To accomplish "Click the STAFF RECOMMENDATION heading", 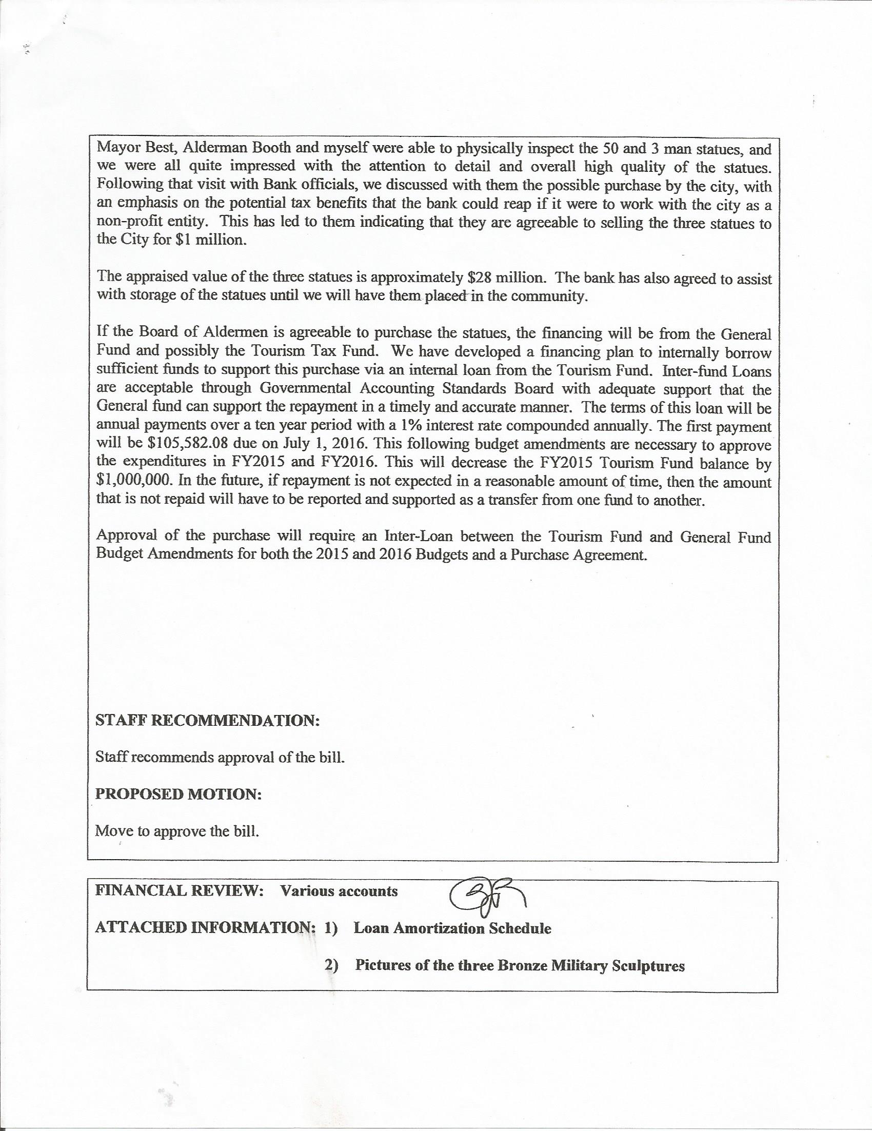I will coord(207,721).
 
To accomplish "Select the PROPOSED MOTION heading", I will coord(178,795).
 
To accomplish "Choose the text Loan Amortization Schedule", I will coord(452,928).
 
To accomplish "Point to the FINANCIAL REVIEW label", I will coord(174,891).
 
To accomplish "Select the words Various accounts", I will coord(339,891).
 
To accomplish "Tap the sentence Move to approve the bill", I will coord(177,831).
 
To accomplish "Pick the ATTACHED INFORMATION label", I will coord(205,928).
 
